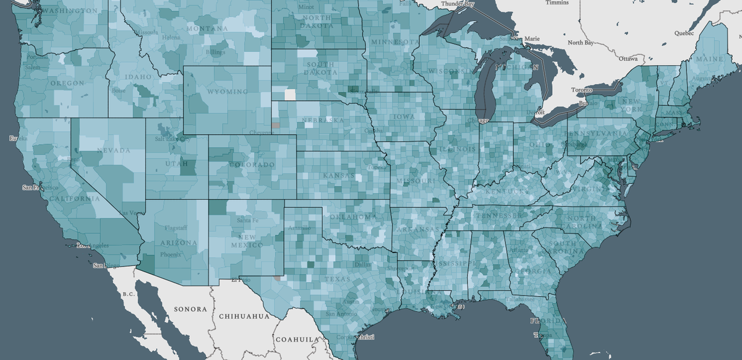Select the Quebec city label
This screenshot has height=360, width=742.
(684, 32)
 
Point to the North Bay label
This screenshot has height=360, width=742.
(581, 43)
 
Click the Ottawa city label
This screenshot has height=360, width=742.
(628, 58)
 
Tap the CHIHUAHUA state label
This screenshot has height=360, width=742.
(244, 316)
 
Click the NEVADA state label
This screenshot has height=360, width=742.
(113, 150)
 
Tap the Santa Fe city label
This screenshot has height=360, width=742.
(247, 220)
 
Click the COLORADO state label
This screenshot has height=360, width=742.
(251, 165)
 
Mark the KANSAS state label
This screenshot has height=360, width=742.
(339, 176)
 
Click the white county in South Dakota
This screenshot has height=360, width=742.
(290, 95)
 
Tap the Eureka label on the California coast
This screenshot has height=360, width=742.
(14, 139)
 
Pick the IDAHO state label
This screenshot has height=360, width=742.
(137, 77)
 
